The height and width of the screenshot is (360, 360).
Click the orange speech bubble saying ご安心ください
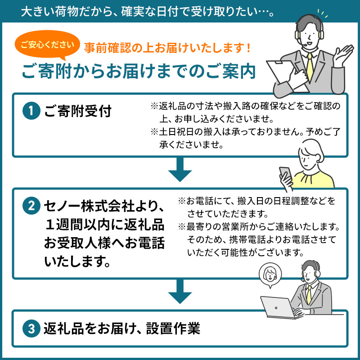[47, 45]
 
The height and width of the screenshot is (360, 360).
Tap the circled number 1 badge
[31, 111]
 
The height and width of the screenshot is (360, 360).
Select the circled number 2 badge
[31, 206]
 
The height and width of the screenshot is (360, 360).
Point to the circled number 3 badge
[31, 328]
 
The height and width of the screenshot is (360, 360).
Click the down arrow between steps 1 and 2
[180, 170]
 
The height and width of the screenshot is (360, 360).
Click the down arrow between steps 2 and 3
[180, 291]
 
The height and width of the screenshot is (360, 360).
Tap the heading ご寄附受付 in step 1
[78, 111]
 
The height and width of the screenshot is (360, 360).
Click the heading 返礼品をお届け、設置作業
[121, 328]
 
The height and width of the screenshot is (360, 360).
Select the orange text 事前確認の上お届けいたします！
[167, 48]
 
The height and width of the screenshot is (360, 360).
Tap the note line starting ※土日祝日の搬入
[245, 132]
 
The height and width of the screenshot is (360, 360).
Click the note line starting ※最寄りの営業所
[259, 227]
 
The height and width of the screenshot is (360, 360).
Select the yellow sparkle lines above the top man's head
[323, 13]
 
